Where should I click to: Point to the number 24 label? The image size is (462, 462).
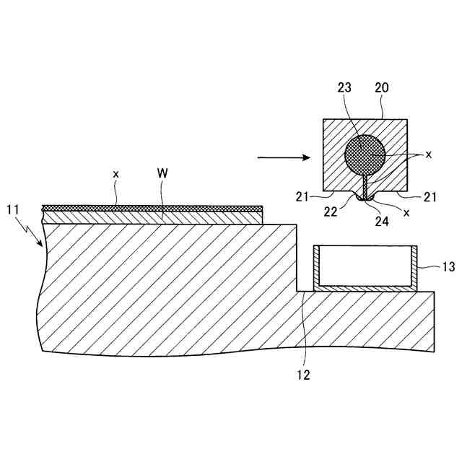[380, 222]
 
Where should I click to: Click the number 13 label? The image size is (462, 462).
[448, 267]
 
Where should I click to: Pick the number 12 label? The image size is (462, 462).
[304, 375]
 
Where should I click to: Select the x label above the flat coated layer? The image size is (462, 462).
[115, 174]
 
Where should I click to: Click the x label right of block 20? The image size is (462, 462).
[428, 154]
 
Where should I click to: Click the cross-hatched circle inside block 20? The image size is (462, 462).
[365, 154]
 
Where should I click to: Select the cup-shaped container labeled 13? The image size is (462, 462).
[365, 269]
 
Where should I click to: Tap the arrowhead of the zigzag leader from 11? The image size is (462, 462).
[40, 245]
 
